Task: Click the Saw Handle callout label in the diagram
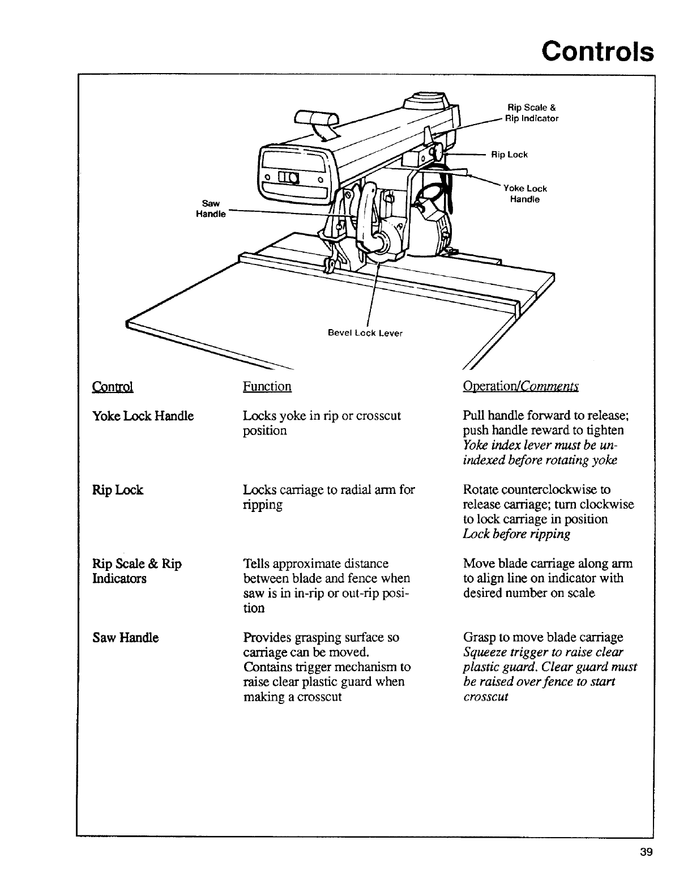pos(210,208)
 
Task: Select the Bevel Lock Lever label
pos(365,333)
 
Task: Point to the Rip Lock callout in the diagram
pos(509,155)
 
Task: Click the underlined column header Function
pos(267,386)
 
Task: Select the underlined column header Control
pos(112,387)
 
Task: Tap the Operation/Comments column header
pos(520,386)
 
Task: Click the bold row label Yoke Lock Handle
pos(143,416)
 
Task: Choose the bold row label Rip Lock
pos(118,490)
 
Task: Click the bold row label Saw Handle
pos(126,638)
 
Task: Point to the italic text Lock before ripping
pos(516,534)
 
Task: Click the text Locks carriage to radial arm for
pos(328,490)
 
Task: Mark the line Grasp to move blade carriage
pos(543,637)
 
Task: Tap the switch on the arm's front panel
pos(291,177)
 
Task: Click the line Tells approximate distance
pos(315,564)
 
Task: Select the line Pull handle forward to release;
pos(546,416)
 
